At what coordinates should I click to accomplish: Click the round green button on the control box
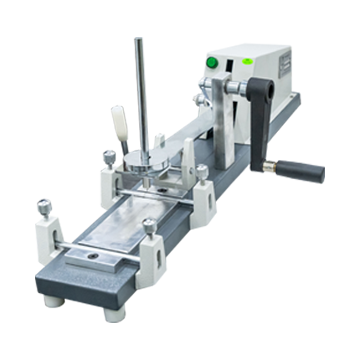211,62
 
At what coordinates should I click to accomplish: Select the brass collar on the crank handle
271,161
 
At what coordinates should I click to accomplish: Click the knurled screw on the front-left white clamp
44,209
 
